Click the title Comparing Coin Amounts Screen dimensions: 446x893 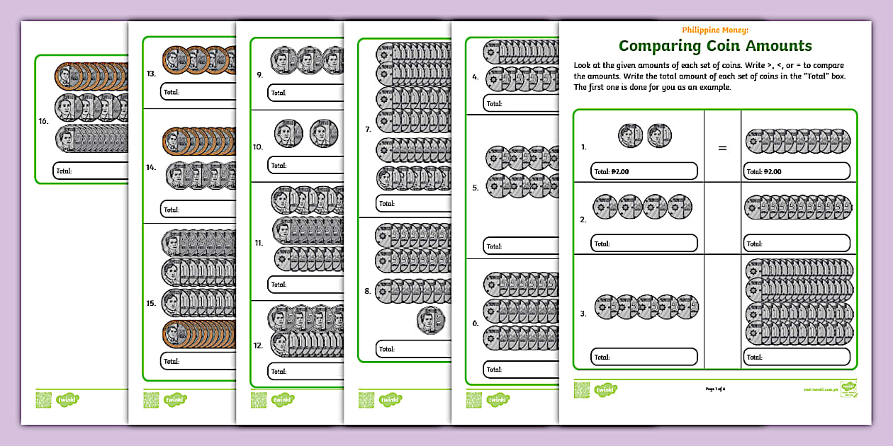click(x=715, y=46)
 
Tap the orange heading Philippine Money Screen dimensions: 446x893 click(x=715, y=30)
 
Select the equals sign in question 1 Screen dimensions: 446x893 click(x=722, y=148)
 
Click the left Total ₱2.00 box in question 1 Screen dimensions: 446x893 click(x=644, y=171)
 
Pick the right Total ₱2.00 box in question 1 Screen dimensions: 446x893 click(x=797, y=171)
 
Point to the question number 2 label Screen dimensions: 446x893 click(x=583, y=220)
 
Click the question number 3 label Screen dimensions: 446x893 click(x=583, y=314)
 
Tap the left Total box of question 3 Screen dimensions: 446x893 click(x=644, y=358)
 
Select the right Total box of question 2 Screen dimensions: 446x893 click(x=797, y=244)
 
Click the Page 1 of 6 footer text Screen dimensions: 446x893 click(x=715, y=389)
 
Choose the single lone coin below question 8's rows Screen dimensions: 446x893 click(x=430, y=319)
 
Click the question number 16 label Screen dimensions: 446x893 click(x=44, y=121)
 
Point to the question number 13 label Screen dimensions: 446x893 click(x=152, y=73)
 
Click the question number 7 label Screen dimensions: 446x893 click(x=368, y=130)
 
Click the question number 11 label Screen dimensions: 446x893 click(x=260, y=243)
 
